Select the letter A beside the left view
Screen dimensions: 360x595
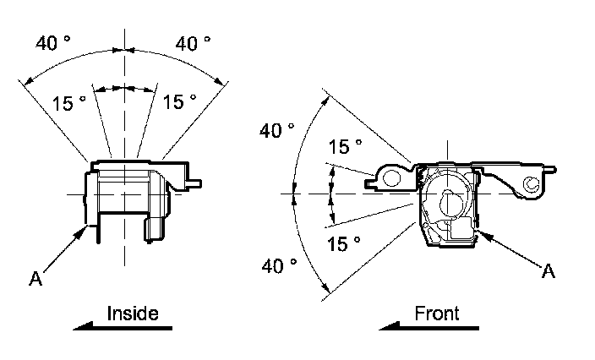(35, 276)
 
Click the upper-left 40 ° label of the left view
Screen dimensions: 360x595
(53, 44)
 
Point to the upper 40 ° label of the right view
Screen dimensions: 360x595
(277, 131)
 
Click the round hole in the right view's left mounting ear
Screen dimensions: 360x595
(389, 178)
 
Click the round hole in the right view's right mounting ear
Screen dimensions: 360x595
(532, 183)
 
